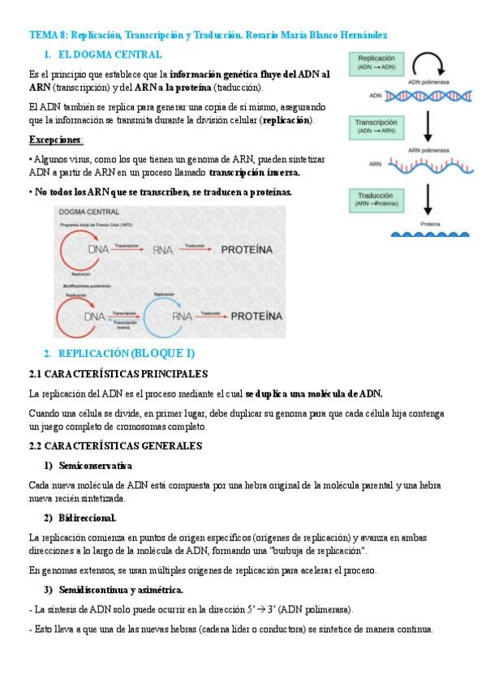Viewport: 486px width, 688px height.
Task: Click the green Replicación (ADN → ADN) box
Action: click(376, 63)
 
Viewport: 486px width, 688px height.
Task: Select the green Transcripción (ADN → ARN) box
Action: click(376, 126)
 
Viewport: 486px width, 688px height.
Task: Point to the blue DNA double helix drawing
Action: click(428, 97)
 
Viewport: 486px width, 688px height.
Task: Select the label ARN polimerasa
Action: click(429, 150)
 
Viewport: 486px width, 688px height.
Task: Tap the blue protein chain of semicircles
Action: click(429, 233)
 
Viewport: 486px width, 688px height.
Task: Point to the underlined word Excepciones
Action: click(55, 140)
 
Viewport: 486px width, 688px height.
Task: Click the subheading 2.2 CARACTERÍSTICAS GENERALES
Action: click(115, 445)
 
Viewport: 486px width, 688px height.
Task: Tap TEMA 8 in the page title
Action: click(47, 35)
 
